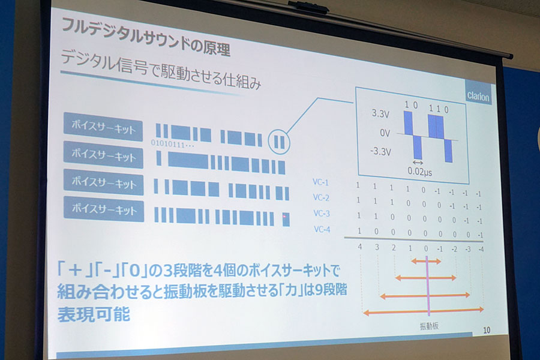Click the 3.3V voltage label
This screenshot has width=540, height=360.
[x=380, y=113]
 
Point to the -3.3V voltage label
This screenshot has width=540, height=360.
[x=380, y=151]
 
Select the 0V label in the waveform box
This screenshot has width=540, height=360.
[x=385, y=133]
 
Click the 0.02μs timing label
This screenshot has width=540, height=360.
[x=419, y=171]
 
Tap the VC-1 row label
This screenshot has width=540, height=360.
[x=320, y=182]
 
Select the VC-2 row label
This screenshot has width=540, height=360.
[x=321, y=197]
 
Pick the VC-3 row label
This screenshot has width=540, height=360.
[x=322, y=213]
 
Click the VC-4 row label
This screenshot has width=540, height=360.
[x=322, y=229]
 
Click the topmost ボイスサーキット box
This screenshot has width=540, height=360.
[x=103, y=127]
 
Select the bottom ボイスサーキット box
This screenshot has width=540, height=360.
[x=104, y=209]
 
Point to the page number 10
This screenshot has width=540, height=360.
[x=486, y=330]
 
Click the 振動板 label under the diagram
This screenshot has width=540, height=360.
[x=429, y=326]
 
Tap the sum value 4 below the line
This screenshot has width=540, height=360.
[x=360, y=247]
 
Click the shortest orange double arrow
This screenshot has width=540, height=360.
[x=425, y=261]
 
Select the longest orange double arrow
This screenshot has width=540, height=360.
[x=423, y=311]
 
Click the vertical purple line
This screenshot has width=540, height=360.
[x=428, y=286]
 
